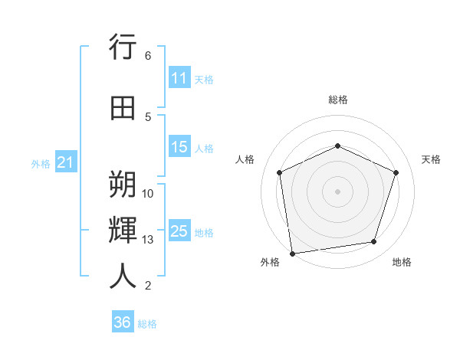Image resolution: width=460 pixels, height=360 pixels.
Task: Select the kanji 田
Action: coord(123,108)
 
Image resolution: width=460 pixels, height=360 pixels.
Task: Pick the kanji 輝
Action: coord(123,230)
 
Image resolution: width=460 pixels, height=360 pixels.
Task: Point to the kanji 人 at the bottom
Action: coord(123,276)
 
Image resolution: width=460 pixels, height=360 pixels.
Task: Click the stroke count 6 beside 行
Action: coord(148,56)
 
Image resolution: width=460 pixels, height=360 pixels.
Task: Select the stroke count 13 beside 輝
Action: coord(148,240)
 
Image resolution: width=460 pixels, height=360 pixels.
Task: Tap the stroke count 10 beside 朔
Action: coord(148,194)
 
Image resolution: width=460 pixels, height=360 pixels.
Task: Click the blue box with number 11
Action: coord(179,79)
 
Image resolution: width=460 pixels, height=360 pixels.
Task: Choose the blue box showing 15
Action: coord(179,147)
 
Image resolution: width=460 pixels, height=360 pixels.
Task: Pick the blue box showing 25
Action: coord(179,231)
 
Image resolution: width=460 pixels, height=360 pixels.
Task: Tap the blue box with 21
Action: coord(64,162)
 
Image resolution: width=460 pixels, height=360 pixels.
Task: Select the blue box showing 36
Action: coord(123,322)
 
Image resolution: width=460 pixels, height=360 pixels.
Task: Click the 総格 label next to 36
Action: coord(147,324)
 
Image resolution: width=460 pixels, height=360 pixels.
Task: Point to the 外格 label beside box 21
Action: coord(40,164)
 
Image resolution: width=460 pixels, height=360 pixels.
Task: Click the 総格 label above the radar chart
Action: coord(337,100)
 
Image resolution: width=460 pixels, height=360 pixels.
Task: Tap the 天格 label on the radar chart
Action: coord(431,159)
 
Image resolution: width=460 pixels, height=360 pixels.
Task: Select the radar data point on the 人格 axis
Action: coord(280,172)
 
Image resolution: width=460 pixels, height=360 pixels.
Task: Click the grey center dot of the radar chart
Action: coord(337,191)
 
